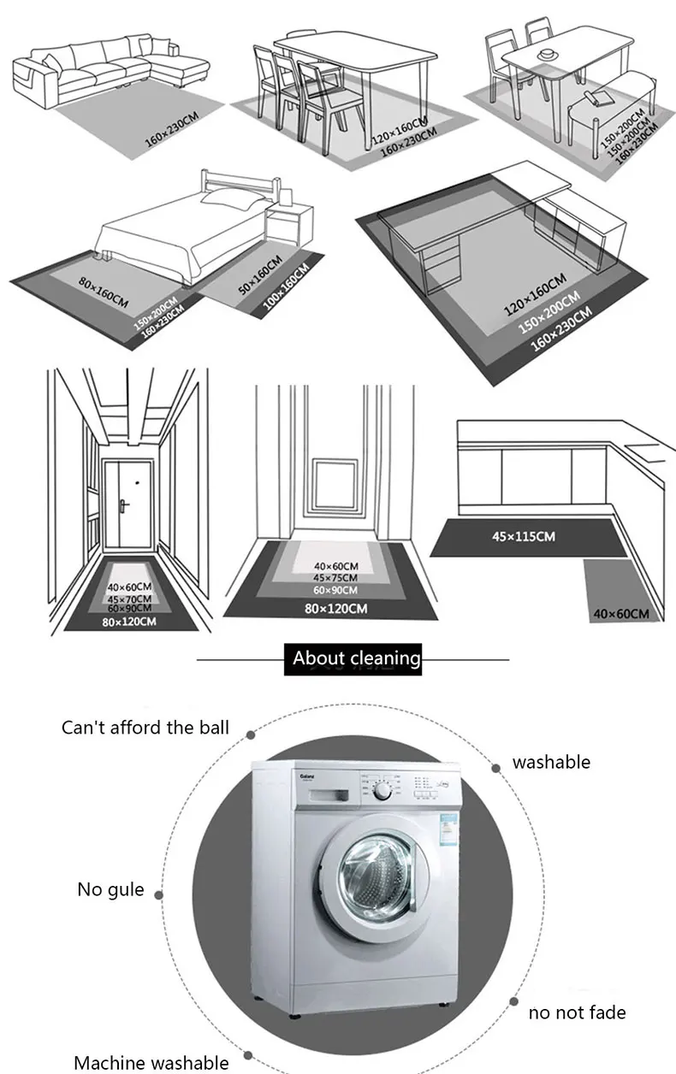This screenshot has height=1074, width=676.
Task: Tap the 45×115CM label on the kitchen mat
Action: [x=523, y=536]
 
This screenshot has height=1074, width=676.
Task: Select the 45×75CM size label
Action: [x=335, y=578]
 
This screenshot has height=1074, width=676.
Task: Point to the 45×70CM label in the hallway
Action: [x=129, y=599]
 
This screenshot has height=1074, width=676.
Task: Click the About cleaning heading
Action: [x=356, y=658]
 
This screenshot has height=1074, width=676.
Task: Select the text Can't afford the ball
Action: [x=145, y=728]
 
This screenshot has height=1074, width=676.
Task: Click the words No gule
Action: [x=110, y=889]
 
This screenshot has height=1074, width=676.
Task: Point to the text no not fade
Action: [x=577, y=1012]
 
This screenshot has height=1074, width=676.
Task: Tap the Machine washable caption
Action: [x=151, y=1063]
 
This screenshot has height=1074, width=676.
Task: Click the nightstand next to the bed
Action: [x=282, y=224]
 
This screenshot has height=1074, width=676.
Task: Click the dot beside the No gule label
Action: [x=160, y=894]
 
